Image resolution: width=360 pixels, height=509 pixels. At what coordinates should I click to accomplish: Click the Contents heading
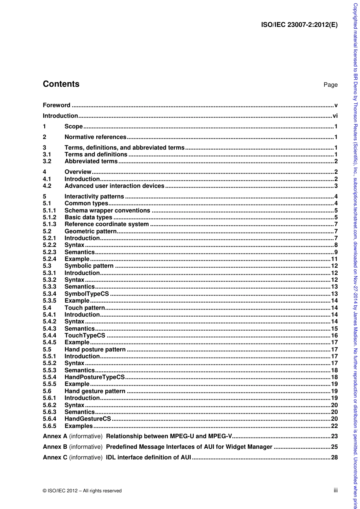tap(61, 84)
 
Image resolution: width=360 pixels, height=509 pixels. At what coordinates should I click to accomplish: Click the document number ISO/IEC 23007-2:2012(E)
tap(299, 25)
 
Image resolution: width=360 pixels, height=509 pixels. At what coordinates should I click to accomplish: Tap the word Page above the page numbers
tap(330, 85)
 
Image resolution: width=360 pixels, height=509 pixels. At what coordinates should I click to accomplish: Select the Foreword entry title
tap(56, 105)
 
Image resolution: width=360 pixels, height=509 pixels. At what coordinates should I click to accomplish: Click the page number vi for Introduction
tap(335, 116)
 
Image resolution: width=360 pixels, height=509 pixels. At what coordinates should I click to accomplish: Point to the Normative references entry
tap(95, 137)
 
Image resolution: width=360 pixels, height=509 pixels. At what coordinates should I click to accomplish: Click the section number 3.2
tap(47, 161)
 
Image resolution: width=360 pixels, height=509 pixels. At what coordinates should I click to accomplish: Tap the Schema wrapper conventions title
tap(107, 211)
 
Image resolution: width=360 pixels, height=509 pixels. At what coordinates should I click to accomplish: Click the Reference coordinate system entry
tap(106, 224)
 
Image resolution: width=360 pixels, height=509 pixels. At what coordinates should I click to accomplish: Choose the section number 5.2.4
tap(49, 259)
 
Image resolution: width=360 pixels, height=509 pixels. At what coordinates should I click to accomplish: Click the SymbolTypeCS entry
tap(86, 294)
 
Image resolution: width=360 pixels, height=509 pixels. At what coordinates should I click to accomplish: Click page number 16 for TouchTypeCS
tap(334, 336)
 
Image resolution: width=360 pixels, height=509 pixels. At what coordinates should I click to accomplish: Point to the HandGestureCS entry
tap(88, 419)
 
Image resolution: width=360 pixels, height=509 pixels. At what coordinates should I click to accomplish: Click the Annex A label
tap(55, 436)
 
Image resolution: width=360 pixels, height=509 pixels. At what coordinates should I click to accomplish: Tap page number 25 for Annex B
tap(334, 447)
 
